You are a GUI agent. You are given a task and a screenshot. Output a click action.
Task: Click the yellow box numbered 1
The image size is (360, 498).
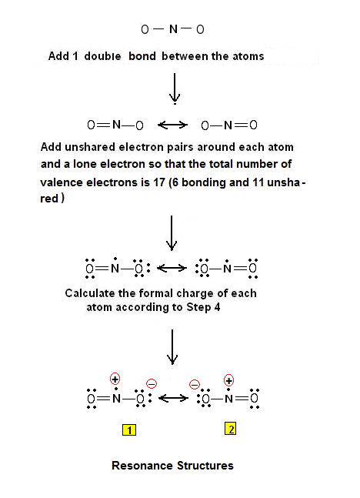129,429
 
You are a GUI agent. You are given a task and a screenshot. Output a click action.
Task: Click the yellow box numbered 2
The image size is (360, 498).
231,429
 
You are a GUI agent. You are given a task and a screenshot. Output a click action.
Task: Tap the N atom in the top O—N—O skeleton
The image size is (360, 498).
173,29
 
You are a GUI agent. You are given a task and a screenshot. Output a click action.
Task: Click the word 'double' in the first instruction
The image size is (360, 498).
102,56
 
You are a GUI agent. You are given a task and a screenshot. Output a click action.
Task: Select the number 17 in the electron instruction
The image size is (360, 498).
159,182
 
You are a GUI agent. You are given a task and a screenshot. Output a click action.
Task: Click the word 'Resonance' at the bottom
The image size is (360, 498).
142,466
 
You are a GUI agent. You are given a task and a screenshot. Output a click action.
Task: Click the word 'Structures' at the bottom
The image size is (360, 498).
205,466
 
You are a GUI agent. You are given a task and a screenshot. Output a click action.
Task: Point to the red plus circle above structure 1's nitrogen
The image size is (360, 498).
115,379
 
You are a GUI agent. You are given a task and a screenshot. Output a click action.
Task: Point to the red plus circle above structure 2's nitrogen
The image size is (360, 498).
228,380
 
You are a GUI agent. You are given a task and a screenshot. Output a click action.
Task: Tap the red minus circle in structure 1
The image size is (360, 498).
152,383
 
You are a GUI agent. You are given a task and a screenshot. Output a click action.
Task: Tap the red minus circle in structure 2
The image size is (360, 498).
195,384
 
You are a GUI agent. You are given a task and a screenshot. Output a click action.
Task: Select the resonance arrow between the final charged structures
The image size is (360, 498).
173,398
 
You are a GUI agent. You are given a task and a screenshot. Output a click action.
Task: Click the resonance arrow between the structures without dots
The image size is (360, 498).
172,125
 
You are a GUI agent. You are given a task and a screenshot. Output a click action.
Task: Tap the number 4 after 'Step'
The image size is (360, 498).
217,307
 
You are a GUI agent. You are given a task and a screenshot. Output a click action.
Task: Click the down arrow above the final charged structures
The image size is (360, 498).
172,347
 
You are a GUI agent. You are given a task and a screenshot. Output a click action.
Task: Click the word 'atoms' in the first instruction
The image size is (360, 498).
248,56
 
